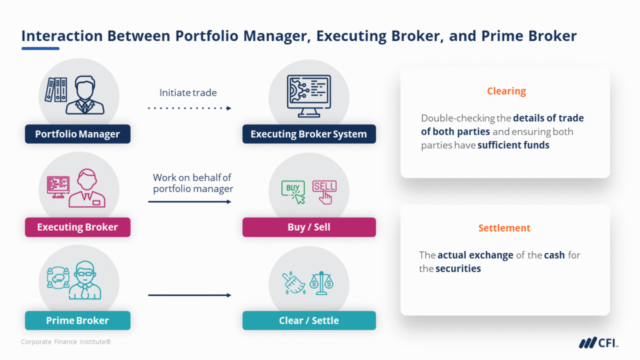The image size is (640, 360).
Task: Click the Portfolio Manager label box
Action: [77, 134]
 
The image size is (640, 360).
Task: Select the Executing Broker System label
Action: [309, 134]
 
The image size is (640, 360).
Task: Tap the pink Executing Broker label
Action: [77, 227]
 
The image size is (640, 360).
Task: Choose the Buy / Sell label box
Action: [309, 227]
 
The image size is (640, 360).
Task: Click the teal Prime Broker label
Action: [77, 321]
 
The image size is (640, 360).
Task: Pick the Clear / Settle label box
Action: [309, 321]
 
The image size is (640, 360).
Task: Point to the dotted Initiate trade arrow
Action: [189, 108]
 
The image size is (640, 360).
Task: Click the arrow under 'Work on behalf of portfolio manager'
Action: [189, 202]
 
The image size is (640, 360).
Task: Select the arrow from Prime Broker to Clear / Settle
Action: [189, 295]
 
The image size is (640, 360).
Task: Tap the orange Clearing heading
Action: [506, 91]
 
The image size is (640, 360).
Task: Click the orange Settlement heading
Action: [504, 228]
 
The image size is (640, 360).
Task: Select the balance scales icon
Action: [325, 282]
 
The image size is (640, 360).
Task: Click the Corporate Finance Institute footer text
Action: [66, 342]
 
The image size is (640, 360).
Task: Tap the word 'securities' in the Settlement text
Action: [459, 269]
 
